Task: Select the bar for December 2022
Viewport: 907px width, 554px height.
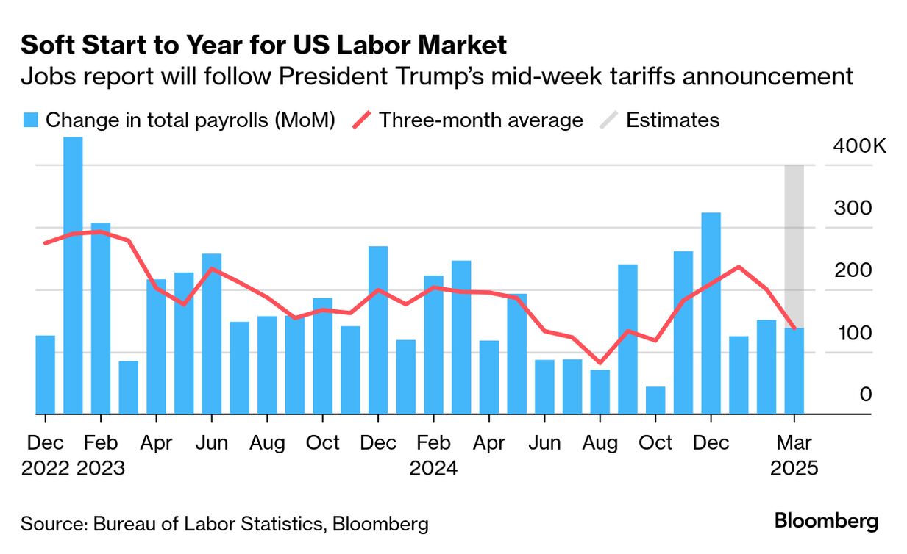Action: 45,375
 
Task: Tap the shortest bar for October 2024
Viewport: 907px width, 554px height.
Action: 655,400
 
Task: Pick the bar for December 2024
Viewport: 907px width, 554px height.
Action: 711,314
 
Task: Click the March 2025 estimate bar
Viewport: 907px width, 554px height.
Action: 794,371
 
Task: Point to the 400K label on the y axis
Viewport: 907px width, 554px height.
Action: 860,146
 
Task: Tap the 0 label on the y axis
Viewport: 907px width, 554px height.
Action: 865,395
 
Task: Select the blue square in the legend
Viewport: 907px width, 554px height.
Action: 30,120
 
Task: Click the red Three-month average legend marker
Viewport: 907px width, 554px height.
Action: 359,120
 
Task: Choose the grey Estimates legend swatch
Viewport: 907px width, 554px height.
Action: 607,120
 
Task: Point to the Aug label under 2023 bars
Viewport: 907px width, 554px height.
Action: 267,443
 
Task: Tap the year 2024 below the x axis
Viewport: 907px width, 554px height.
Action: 433,468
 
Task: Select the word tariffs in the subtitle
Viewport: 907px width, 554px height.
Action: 658,76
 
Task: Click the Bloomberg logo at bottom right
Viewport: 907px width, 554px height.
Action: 826,522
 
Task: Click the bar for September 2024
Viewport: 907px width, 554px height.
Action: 627,339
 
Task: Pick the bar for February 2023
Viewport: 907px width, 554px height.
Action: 101,319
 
